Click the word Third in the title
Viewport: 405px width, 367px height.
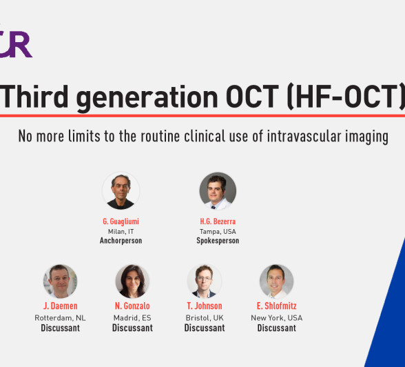pyautogui.click(x=34, y=97)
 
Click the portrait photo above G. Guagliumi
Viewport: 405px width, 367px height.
pyautogui.click(x=121, y=191)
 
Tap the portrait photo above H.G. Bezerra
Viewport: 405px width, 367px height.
pyautogui.click(x=218, y=191)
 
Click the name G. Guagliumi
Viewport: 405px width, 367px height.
pyautogui.click(x=121, y=221)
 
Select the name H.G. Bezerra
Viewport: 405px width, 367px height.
pyautogui.click(x=218, y=221)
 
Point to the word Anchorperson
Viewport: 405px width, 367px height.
pyautogui.click(x=121, y=241)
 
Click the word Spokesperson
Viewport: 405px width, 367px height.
pyautogui.click(x=218, y=241)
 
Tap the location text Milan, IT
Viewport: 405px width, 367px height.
pyautogui.click(x=121, y=231)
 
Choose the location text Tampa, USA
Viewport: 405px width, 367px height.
pyautogui.click(x=218, y=231)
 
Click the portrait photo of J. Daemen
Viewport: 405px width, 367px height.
pyautogui.click(x=60, y=281)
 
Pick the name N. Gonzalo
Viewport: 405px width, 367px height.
pyautogui.click(x=132, y=306)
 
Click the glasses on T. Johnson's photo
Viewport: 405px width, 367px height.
pyautogui.click(x=204, y=279)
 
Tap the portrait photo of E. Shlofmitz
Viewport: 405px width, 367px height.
pyautogui.click(x=277, y=281)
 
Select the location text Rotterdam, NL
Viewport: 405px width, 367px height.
pyautogui.click(x=60, y=317)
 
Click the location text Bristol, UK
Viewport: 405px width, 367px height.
pyautogui.click(x=205, y=317)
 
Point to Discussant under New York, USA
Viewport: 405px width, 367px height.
pyautogui.click(x=277, y=328)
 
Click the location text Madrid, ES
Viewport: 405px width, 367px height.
pyautogui.click(x=132, y=317)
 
